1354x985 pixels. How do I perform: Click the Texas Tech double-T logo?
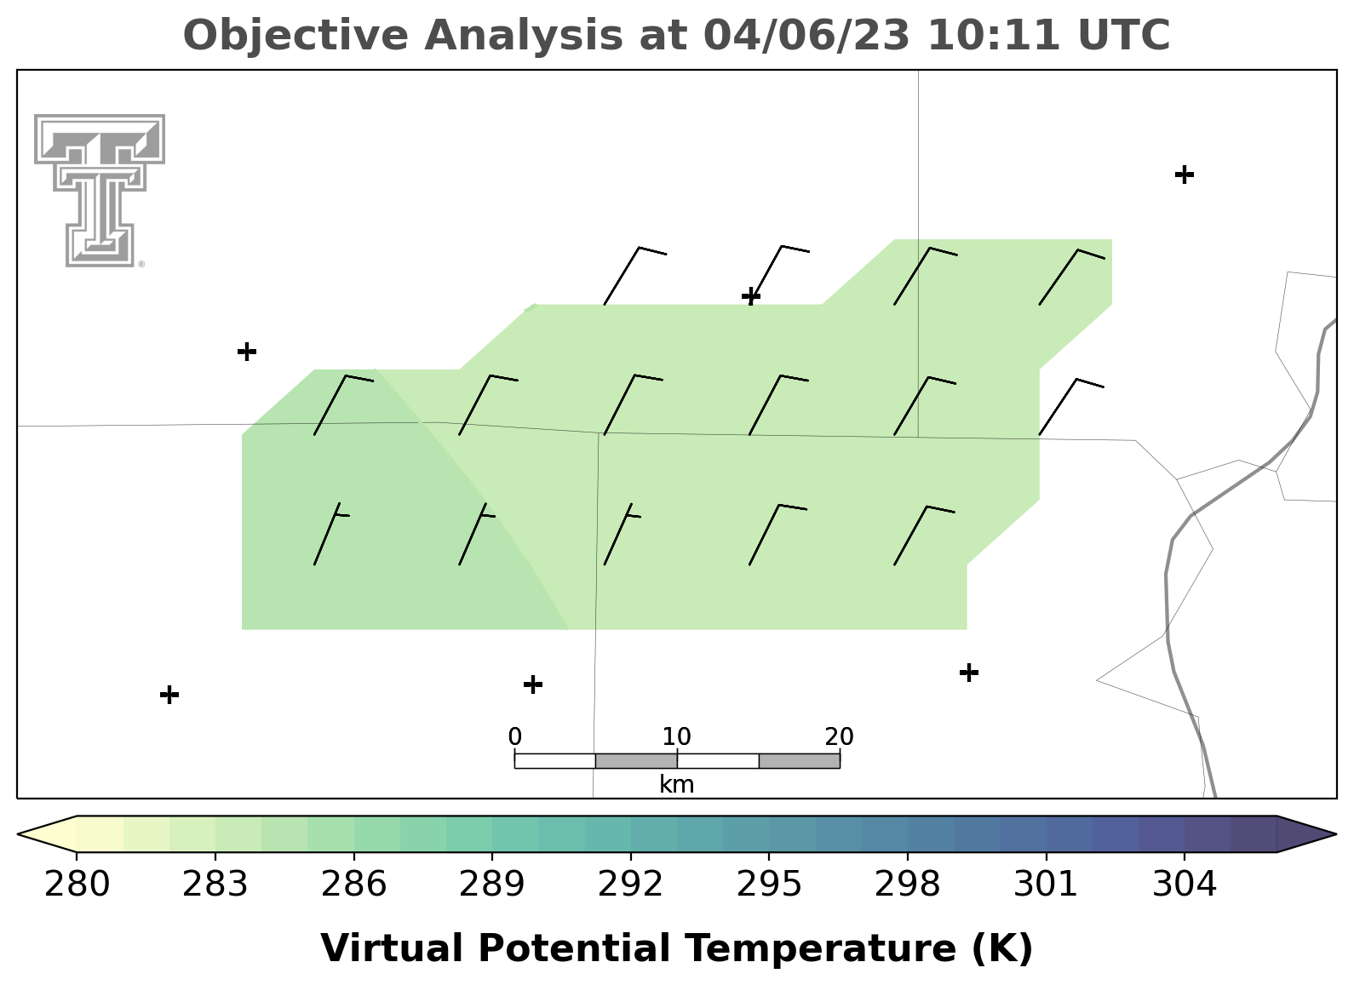(x=99, y=191)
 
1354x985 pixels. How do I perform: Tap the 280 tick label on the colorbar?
(x=77, y=884)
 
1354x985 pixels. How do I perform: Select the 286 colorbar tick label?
(x=353, y=884)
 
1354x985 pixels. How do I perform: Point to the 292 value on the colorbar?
(x=630, y=884)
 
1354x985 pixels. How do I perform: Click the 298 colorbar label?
(x=907, y=884)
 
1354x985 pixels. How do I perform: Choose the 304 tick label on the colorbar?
(x=1185, y=884)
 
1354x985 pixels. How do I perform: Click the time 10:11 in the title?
(x=993, y=35)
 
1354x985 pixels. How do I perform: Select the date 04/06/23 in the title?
(x=806, y=35)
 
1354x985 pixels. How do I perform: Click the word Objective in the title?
(x=296, y=37)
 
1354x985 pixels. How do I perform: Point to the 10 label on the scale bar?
(x=676, y=736)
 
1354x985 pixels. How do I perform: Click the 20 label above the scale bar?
(x=839, y=736)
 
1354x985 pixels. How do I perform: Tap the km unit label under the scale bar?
(x=676, y=785)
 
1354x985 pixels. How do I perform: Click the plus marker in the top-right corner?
(x=1185, y=175)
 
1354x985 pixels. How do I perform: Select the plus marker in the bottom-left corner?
(x=169, y=695)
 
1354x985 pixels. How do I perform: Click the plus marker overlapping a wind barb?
(x=751, y=296)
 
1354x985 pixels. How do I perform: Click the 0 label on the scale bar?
(x=514, y=736)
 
